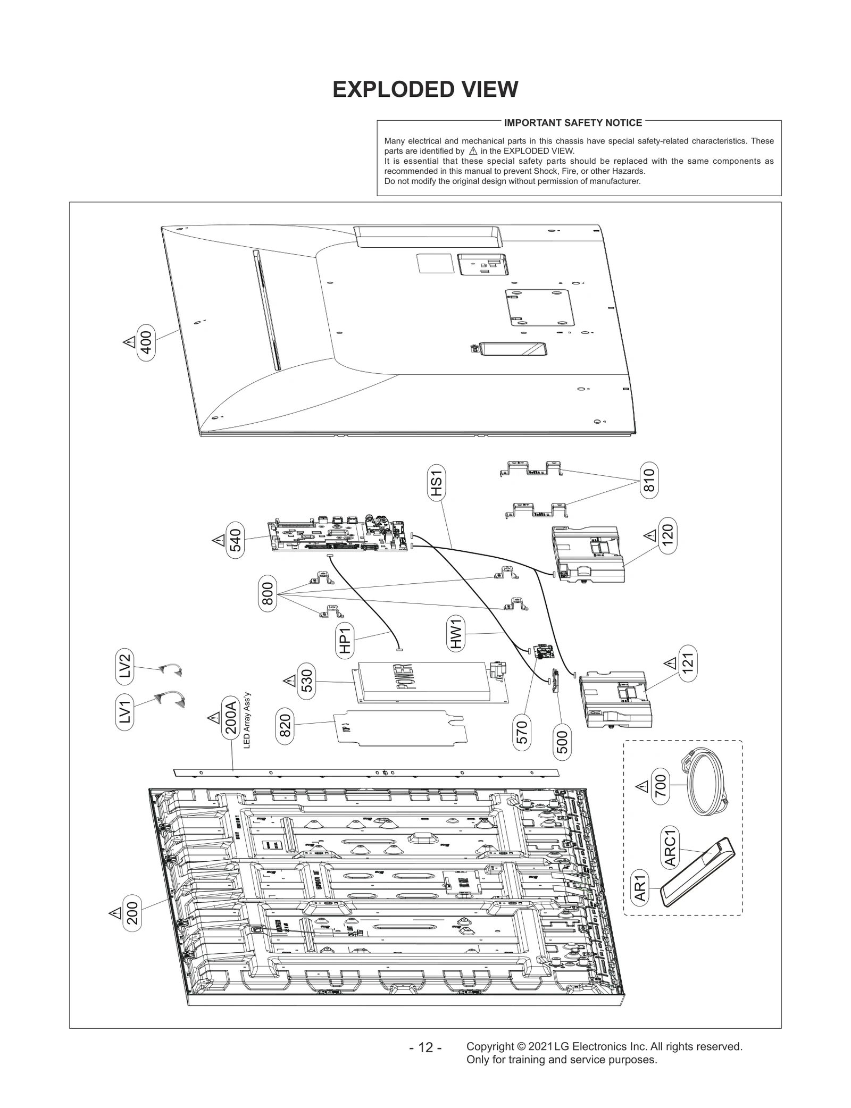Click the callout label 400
coord(146,342)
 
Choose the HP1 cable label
coord(345,640)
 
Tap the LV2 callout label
coord(124,666)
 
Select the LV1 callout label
coord(124,712)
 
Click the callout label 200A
coord(230,718)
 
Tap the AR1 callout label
coord(640,888)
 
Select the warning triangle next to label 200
coord(115,913)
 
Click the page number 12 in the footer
coord(425,1047)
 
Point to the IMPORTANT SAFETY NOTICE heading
coord(573,123)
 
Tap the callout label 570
coord(522,732)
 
